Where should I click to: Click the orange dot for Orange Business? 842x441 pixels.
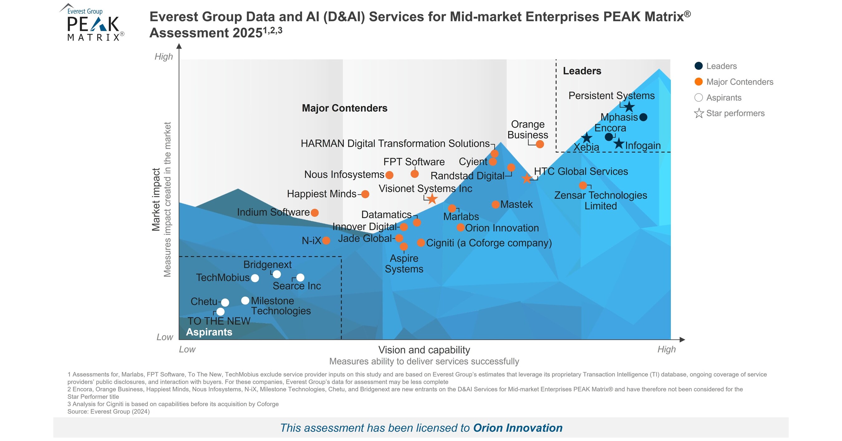pos(540,144)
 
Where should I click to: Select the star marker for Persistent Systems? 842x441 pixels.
pos(629,107)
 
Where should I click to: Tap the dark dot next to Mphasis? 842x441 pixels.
pos(643,117)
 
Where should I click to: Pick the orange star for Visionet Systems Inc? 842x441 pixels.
pos(432,198)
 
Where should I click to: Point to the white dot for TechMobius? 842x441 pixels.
pos(255,278)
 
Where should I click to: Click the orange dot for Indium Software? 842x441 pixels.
pos(315,213)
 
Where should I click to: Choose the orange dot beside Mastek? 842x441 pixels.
pos(496,205)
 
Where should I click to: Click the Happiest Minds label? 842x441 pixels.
pos(321,194)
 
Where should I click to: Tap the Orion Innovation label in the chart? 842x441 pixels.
pos(502,228)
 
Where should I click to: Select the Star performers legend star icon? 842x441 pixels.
pos(699,114)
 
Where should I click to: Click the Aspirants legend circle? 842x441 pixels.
pos(699,98)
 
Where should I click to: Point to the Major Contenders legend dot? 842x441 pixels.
pos(699,82)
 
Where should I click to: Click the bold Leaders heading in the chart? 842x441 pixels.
pos(582,71)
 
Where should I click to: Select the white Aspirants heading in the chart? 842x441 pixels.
pos(209,332)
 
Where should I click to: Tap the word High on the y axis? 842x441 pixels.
pos(163,56)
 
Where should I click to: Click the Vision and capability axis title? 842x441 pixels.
pos(424,350)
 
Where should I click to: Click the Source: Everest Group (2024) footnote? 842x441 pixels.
pos(109,412)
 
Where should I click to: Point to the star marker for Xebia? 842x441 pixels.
pos(586,138)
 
